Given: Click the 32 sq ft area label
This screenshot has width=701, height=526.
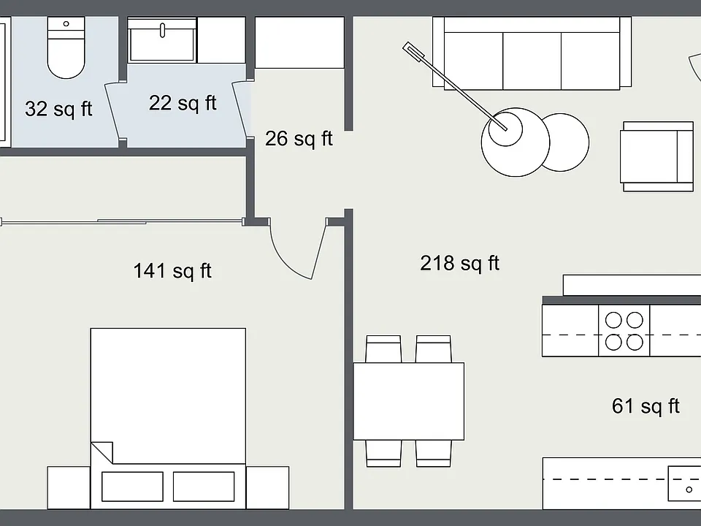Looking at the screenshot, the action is tap(58, 109).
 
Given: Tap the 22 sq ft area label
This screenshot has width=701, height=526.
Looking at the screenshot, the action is tap(183, 103).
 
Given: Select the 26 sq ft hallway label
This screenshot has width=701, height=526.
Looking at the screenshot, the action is tap(299, 139).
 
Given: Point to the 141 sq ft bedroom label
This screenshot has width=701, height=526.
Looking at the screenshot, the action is tap(172, 271).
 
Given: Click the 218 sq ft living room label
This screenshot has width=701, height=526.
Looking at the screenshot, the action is tap(459, 264).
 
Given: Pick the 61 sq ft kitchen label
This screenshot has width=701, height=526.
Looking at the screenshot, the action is tap(646, 407).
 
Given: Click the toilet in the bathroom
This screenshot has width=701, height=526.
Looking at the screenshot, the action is tap(66, 47).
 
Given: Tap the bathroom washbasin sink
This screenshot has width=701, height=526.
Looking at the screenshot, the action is tap(162, 39).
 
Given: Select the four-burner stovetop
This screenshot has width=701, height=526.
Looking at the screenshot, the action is tap(624, 331).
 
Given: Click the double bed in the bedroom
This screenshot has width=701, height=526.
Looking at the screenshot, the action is tap(168, 418).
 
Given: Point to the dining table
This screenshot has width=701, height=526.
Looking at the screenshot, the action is tap(409, 401).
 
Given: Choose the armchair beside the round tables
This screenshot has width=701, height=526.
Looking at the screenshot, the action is tap(656, 156).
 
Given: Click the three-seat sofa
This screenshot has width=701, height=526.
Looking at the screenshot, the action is tap(532, 53).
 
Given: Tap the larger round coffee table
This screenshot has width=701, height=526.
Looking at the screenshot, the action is tap(515, 142).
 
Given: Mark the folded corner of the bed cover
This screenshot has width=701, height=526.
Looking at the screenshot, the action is tap(102, 452).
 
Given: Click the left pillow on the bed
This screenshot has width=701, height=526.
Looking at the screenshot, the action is tap(132, 487).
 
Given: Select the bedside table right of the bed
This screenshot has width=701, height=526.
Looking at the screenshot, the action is tap(267, 487).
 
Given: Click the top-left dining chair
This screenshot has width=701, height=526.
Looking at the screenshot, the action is tap(383, 349).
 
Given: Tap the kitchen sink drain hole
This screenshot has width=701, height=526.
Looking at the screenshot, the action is tap(689, 489).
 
